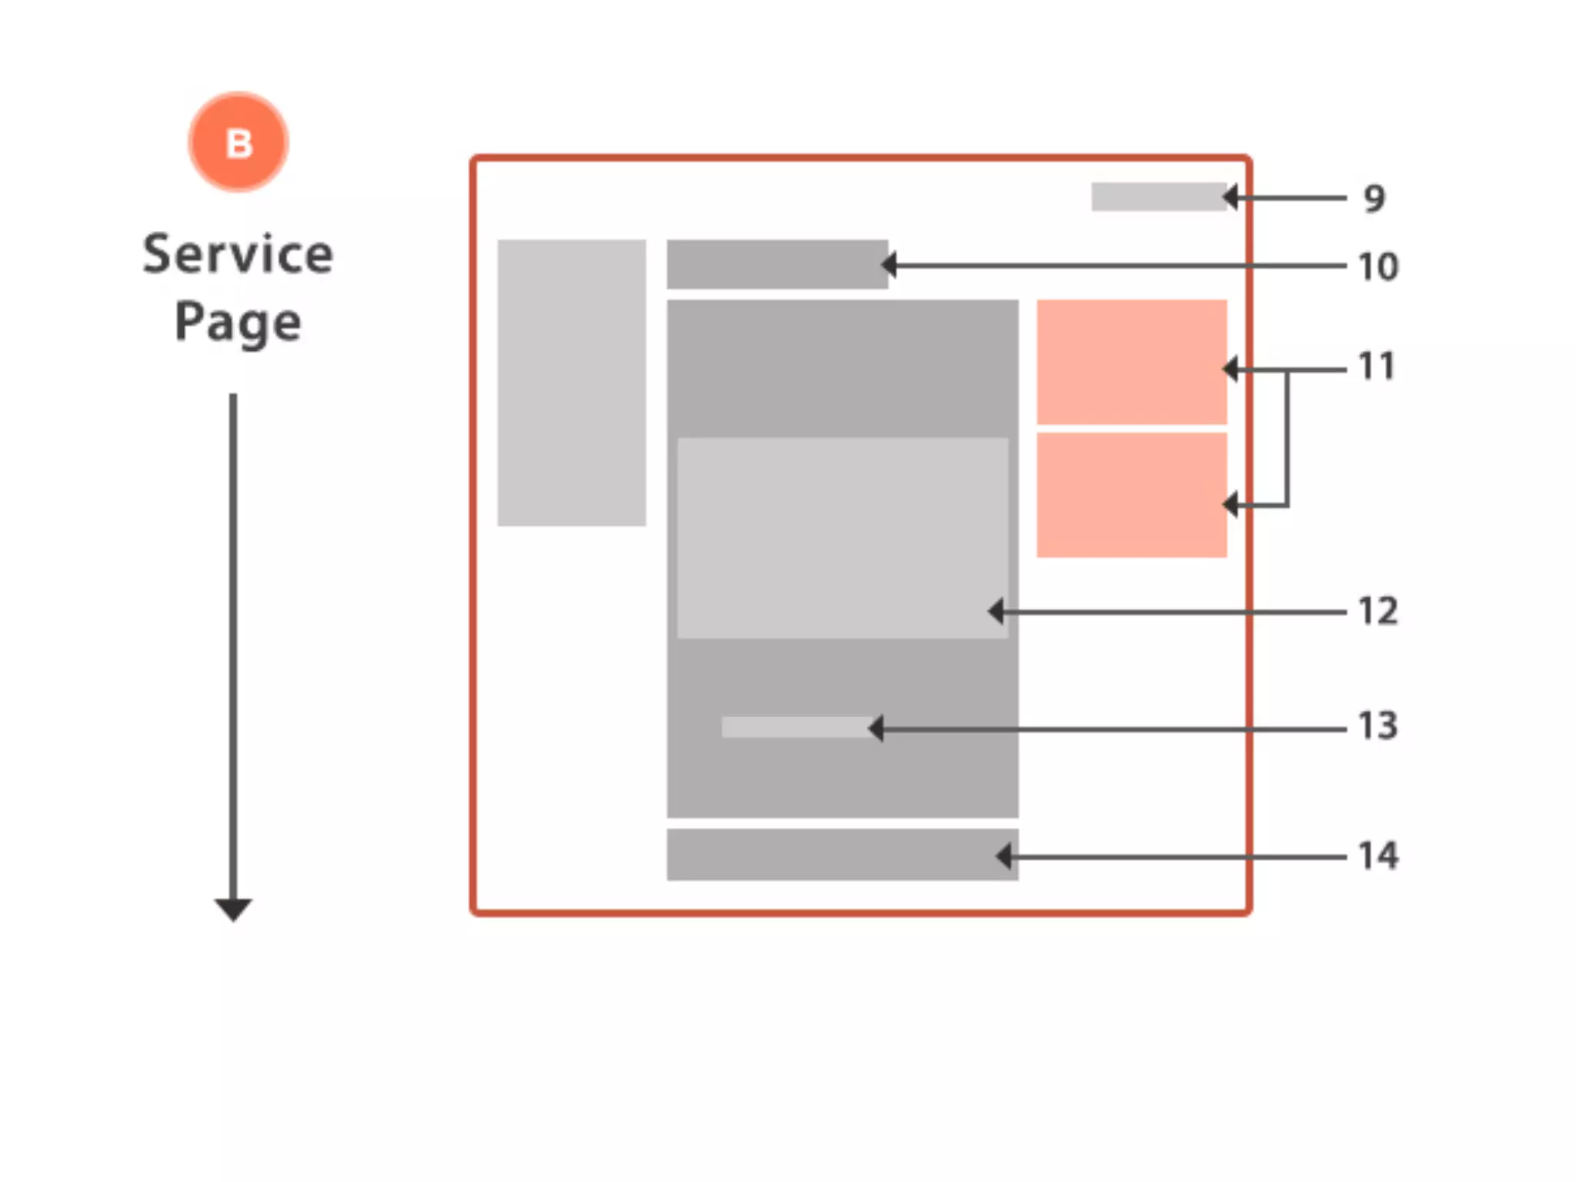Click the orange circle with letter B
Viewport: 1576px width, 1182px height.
[239, 142]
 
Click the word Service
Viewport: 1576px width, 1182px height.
[238, 254]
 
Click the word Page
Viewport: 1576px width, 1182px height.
[238, 322]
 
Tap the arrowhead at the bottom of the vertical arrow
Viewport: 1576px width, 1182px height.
[233, 909]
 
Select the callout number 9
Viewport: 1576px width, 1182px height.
[1374, 199]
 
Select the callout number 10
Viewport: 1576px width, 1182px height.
[1377, 267]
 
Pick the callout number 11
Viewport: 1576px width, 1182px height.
[1377, 366]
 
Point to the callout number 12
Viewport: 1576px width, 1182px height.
[1377, 612]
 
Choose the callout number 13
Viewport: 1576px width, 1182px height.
[1377, 726]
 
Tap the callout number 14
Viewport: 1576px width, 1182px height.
[1377, 856]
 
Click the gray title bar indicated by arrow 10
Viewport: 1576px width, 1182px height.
[776, 265]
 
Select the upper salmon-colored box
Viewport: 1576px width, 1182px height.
[1131, 362]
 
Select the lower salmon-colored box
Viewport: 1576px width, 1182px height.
[1131, 495]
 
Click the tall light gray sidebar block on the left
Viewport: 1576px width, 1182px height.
[571, 382]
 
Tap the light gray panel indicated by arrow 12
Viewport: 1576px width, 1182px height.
[842, 538]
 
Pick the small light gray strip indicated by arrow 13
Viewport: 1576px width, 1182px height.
[796, 727]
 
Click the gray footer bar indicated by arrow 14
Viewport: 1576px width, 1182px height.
[842, 855]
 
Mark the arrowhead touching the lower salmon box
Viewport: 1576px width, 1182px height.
[1230, 505]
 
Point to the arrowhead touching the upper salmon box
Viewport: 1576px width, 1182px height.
[1230, 369]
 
